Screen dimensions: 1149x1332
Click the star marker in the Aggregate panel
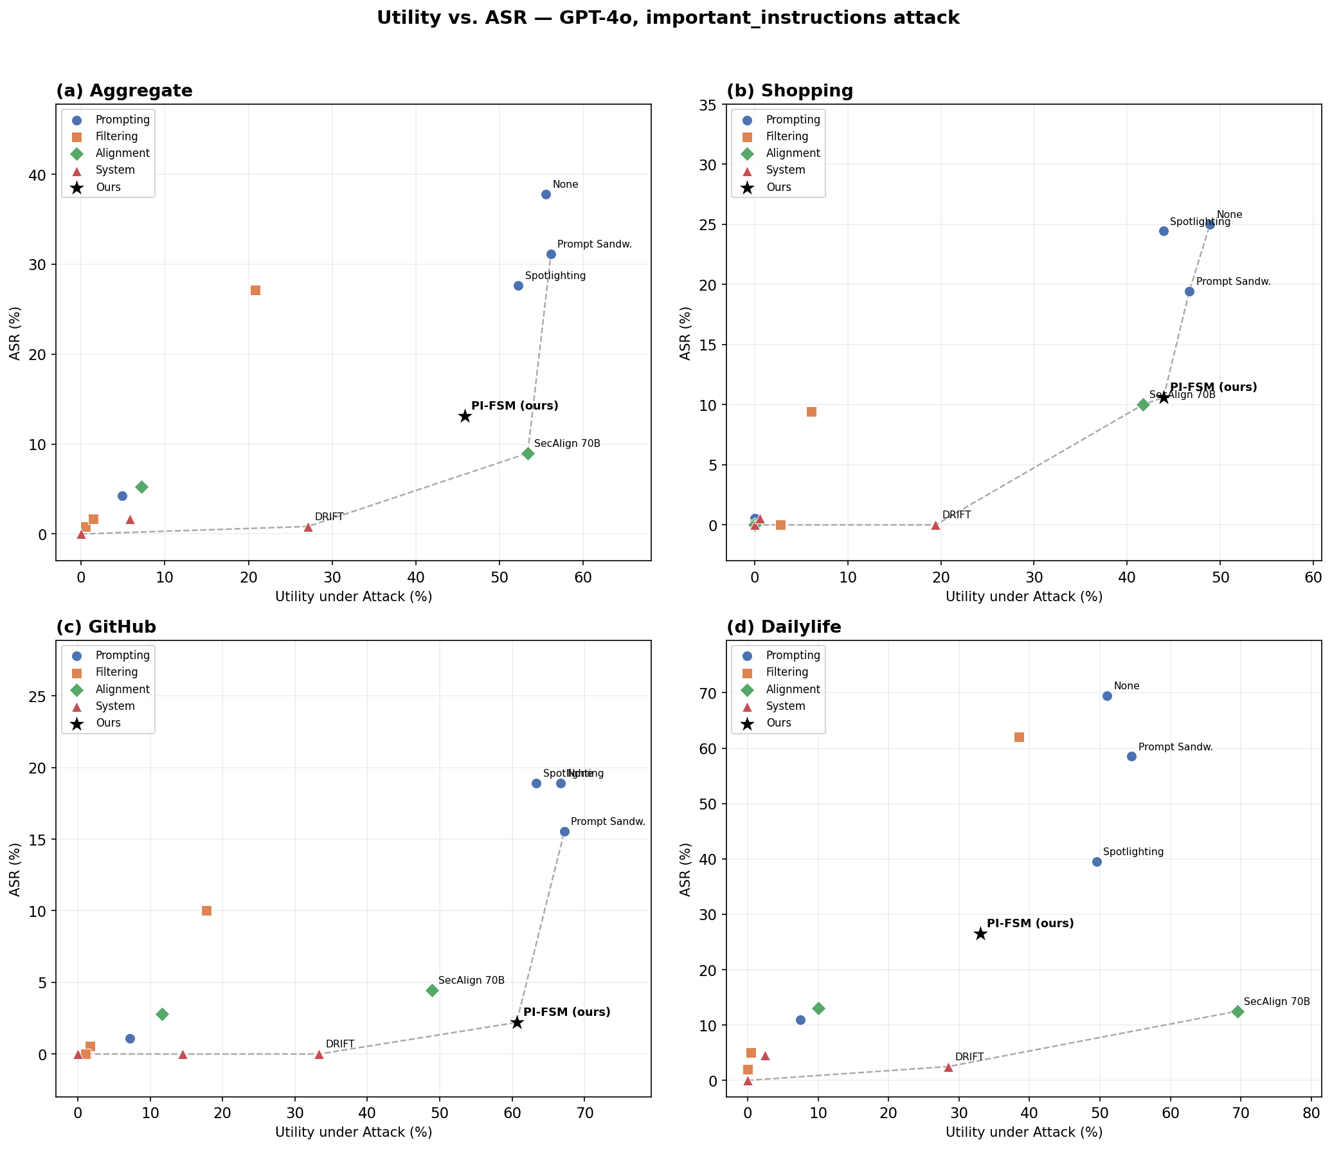click(x=465, y=416)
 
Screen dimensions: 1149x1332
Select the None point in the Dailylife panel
click(x=1107, y=696)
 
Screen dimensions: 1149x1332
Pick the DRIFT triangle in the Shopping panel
click(x=935, y=525)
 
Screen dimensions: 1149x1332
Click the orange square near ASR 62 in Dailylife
click(x=1019, y=737)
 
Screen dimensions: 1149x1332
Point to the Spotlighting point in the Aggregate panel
click(x=518, y=285)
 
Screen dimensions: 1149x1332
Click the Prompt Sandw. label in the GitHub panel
click(x=607, y=821)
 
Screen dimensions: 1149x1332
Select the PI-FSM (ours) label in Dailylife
click(x=1030, y=923)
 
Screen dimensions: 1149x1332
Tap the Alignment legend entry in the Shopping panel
click(x=793, y=153)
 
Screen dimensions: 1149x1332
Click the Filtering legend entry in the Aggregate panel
click(x=116, y=136)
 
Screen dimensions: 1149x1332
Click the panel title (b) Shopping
click(x=789, y=91)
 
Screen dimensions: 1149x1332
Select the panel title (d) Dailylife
click(x=784, y=627)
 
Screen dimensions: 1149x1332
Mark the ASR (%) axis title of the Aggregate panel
click(x=15, y=332)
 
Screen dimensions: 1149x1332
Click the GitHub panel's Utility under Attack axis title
click(x=354, y=1132)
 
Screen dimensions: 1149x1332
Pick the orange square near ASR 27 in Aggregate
click(x=255, y=290)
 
